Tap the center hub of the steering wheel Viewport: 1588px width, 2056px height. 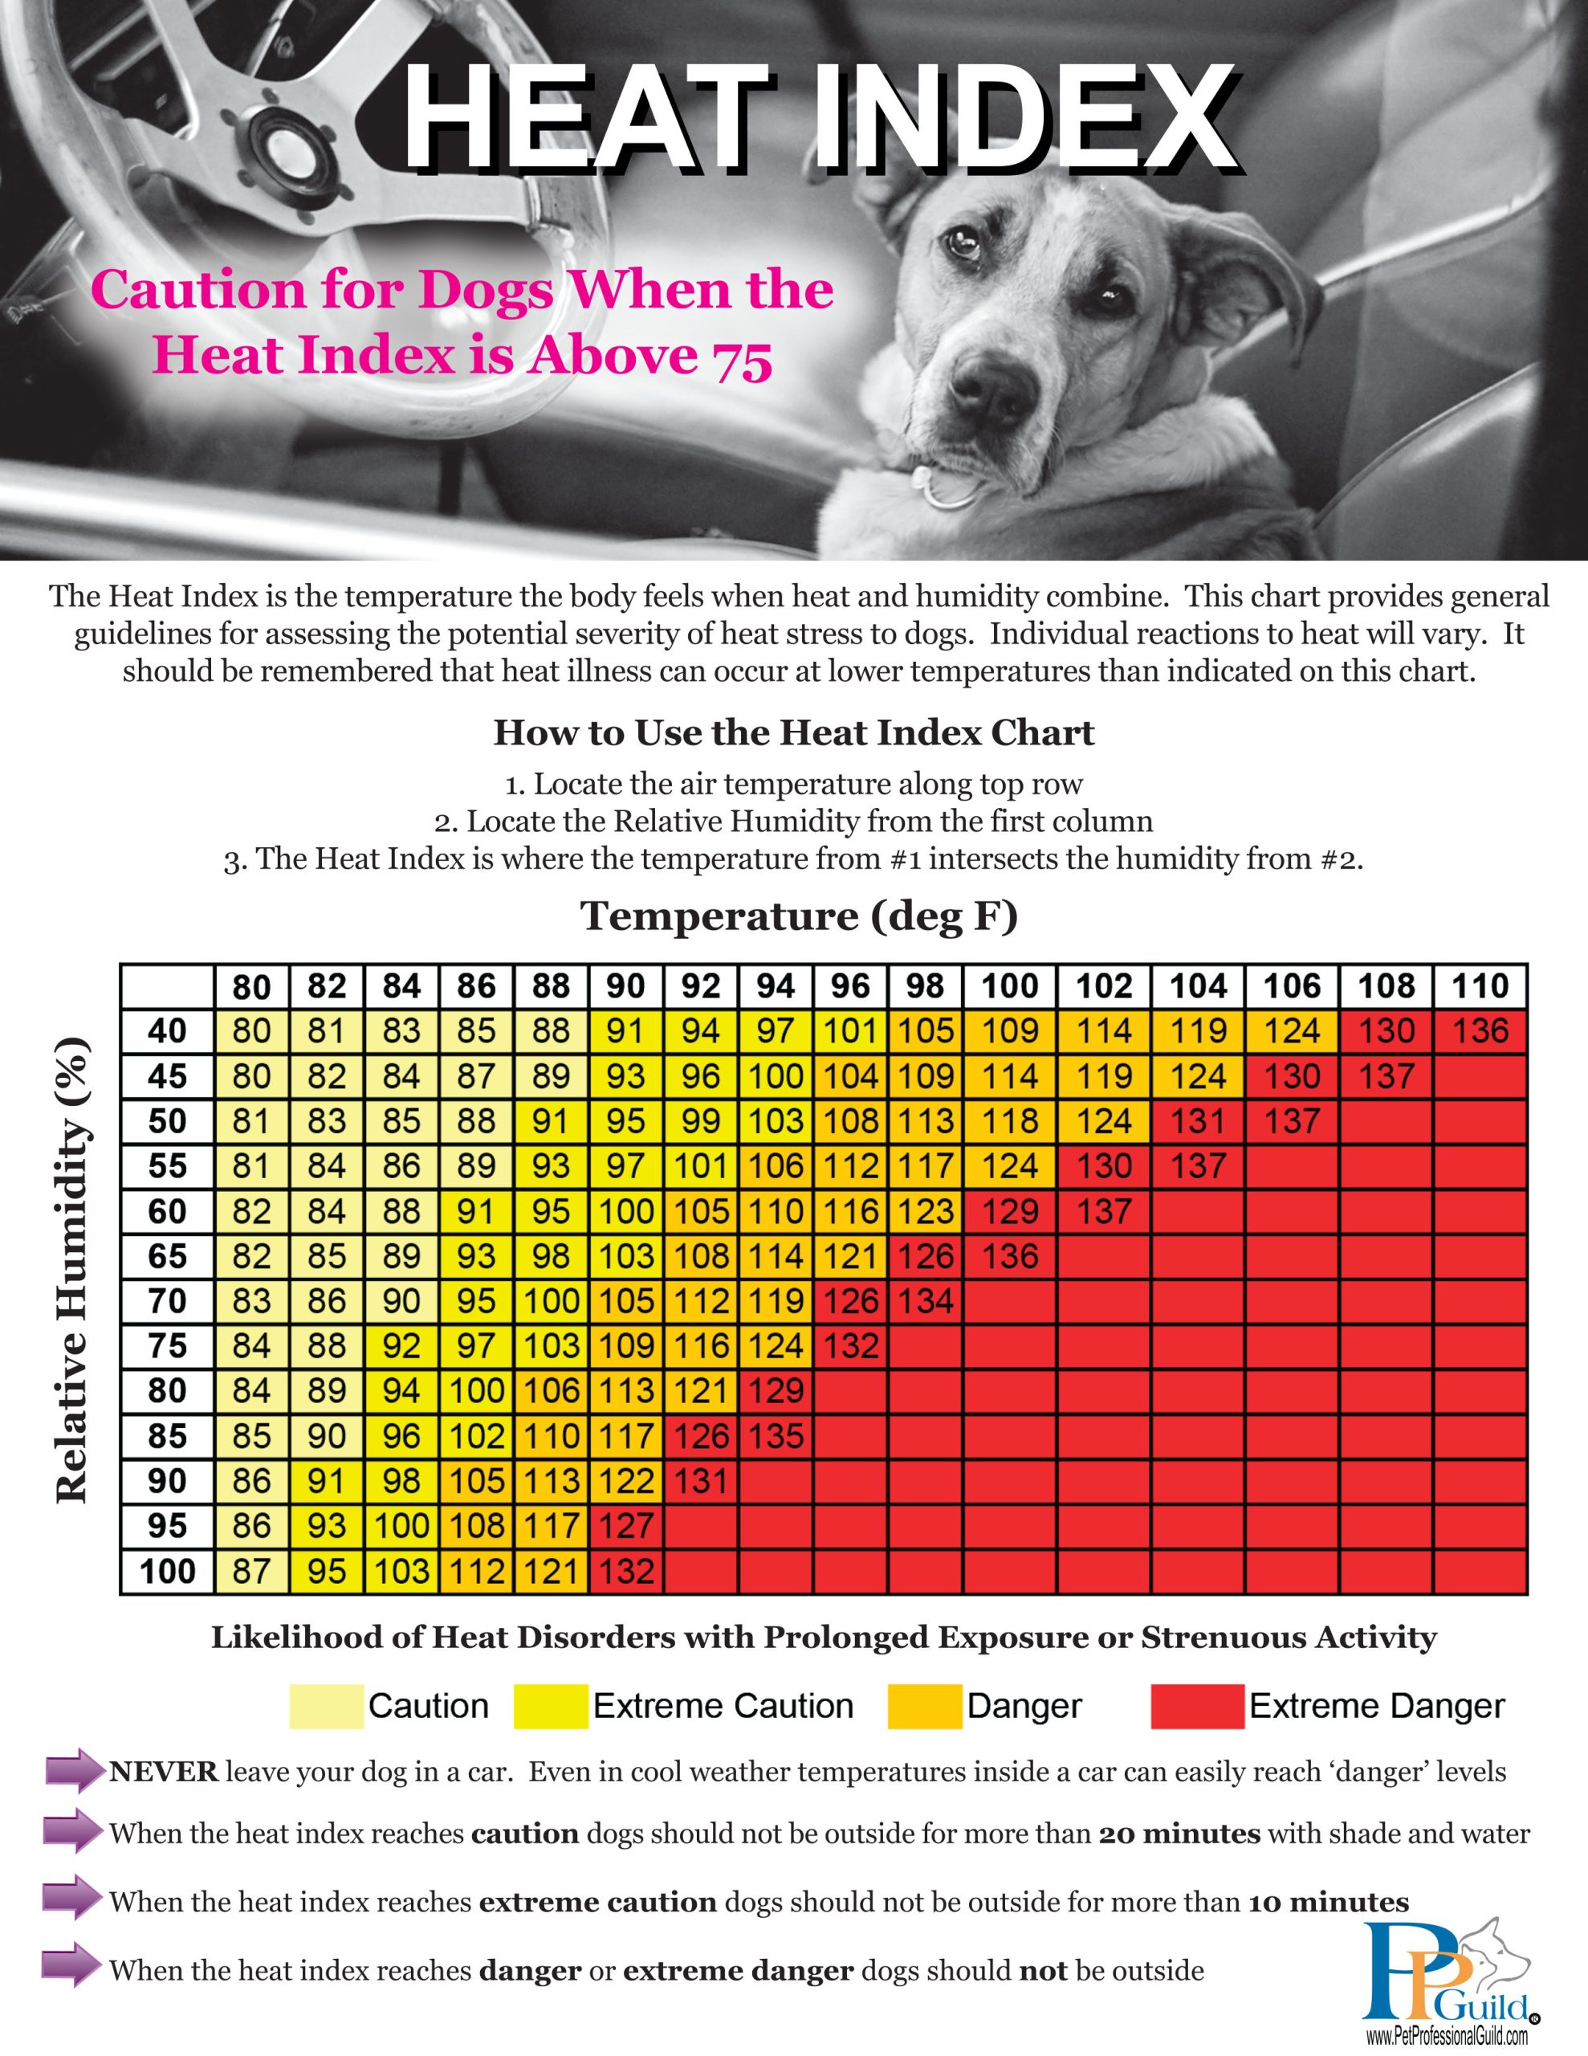click(x=282, y=142)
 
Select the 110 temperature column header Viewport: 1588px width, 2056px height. click(x=1480, y=986)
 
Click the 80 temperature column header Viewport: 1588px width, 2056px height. click(x=251, y=986)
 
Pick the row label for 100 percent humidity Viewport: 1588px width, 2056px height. click(x=168, y=1571)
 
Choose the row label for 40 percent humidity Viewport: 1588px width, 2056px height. click(x=168, y=1031)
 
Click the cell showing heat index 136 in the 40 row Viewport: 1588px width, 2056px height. click(x=1480, y=1031)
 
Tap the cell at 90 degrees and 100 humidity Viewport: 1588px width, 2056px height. click(x=626, y=1571)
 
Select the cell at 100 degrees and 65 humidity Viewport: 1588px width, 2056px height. click(x=1010, y=1256)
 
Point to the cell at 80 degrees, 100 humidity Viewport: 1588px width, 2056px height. click(x=251, y=1571)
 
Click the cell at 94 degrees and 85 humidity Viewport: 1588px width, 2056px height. click(x=776, y=1436)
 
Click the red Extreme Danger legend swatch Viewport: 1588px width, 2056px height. click(x=1196, y=1706)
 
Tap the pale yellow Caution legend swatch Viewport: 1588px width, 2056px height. click(x=326, y=1706)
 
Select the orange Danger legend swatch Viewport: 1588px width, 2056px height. click(x=924, y=1706)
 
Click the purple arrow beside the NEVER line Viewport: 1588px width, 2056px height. click(x=73, y=1772)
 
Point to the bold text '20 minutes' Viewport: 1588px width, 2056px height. click(x=1179, y=1834)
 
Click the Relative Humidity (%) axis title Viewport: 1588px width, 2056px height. click(x=72, y=1271)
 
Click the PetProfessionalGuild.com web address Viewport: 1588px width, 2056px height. click(x=1447, y=2038)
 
